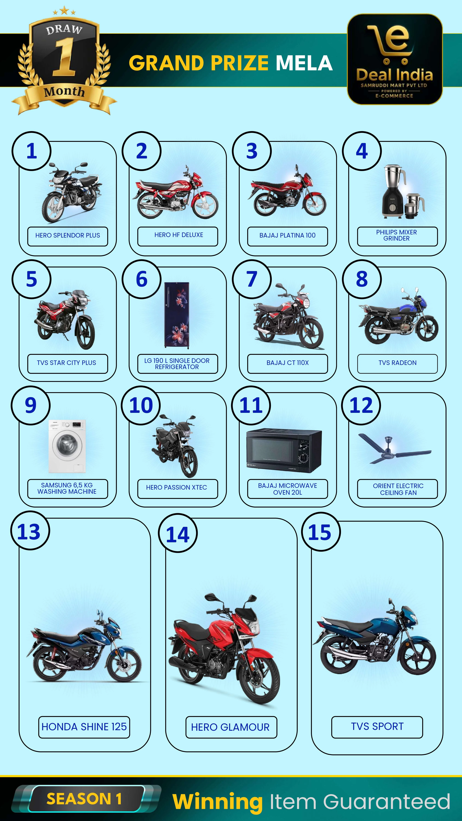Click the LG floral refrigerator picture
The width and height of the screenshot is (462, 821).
[x=177, y=315]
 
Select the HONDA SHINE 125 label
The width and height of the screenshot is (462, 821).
[x=84, y=727]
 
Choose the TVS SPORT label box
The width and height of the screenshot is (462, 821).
[x=377, y=727]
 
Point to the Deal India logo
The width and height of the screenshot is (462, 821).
[x=395, y=59]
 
